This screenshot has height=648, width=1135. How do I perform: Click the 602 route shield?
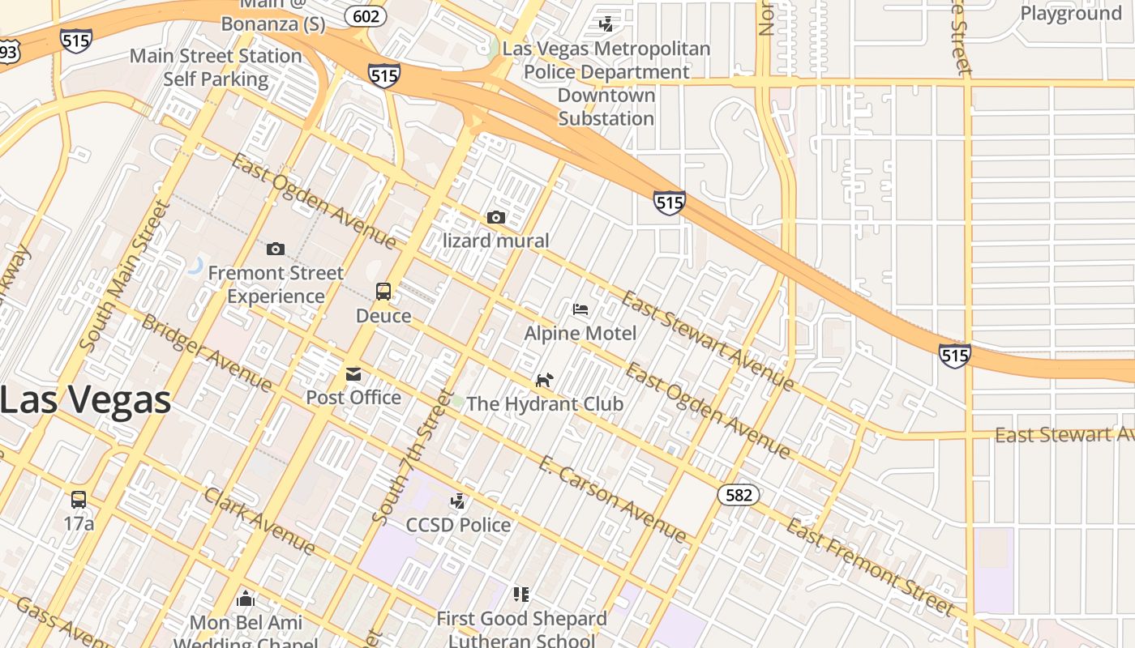(x=365, y=15)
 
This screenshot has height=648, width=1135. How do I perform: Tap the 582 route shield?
(x=739, y=494)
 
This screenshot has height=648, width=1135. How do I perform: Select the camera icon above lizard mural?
(x=496, y=217)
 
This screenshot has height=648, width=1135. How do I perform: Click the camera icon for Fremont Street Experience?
(x=276, y=249)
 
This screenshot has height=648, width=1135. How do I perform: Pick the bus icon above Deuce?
(x=383, y=292)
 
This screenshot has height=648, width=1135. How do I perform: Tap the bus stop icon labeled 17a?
(x=79, y=500)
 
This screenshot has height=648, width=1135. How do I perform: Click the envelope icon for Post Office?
(x=353, y=374)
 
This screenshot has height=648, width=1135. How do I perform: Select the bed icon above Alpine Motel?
(x=580, y=309)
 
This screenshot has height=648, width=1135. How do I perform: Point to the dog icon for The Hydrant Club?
(x=544, y=380)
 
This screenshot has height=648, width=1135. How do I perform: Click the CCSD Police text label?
(x=458, y=525)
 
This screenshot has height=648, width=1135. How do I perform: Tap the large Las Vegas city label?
(x=85, y=400)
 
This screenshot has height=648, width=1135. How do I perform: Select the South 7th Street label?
(x=413, y=456)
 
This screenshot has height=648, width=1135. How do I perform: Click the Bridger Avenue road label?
(x=207, y=352)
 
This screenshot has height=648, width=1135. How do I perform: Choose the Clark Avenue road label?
(x=259, y=520)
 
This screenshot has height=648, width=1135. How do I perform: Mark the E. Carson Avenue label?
(x=613, y=499)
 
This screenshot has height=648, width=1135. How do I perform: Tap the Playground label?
(x=1070, y=14)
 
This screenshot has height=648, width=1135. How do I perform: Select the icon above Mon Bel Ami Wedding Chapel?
(x=246, y=599)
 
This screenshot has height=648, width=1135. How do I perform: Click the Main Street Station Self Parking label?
(x=216, y=67)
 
